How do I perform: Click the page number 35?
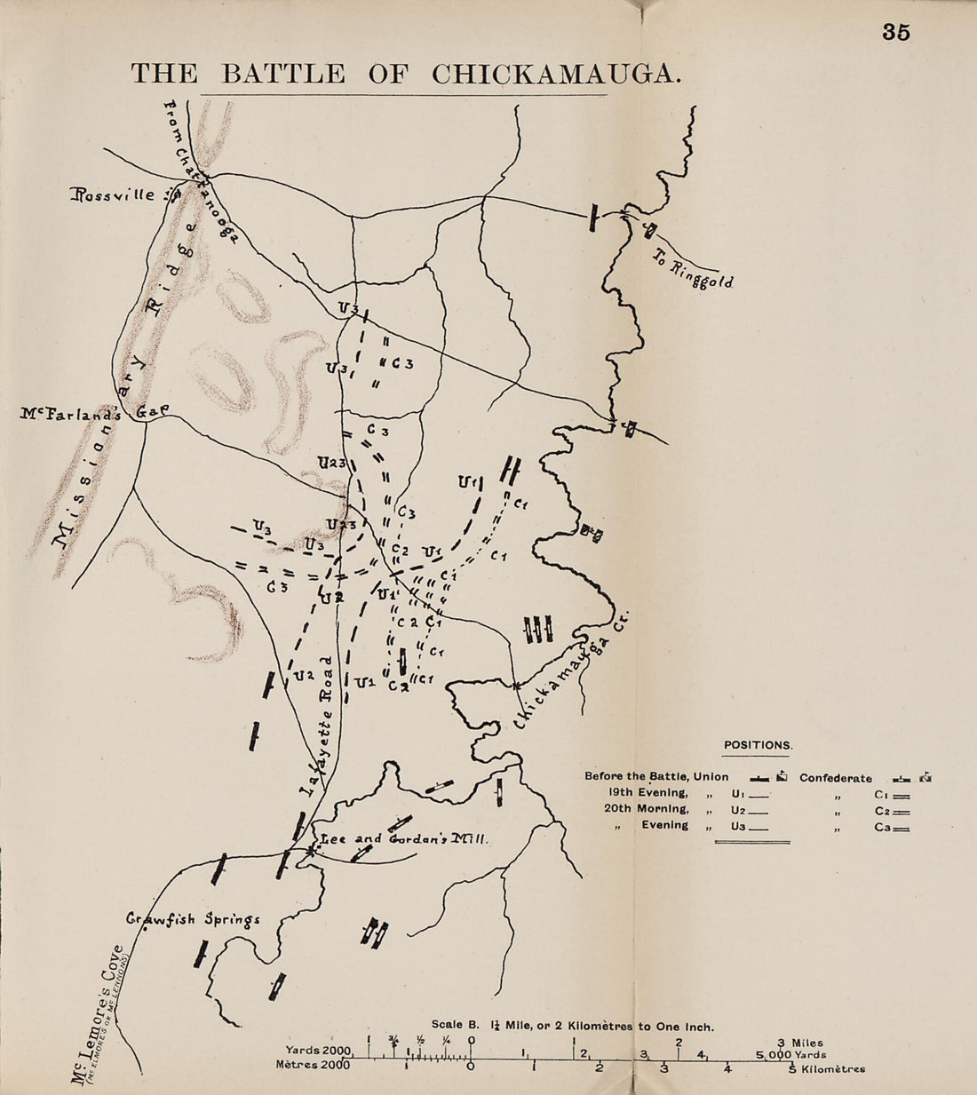click(x=896, y=32)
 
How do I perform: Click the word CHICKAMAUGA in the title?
click(x=556, y=74)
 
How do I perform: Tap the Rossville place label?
click(x=114, y=194)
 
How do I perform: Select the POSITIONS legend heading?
click(x=757, y=746)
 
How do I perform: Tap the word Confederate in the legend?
click(x=835, y=778)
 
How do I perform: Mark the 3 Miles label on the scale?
click(x=800, y=1043)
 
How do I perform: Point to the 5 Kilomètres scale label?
click(x=827, y=1069)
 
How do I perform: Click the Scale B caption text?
click(x=572, y=1026)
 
